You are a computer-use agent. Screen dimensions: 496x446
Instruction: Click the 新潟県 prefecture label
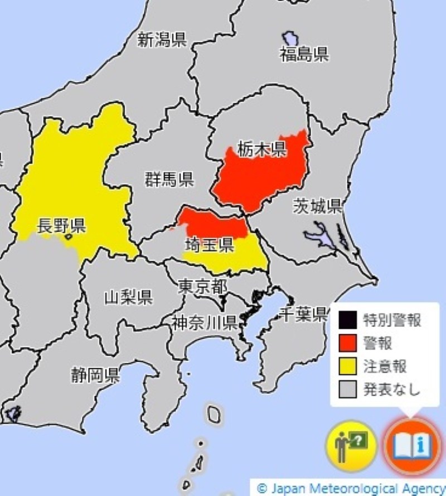tap(162, 40)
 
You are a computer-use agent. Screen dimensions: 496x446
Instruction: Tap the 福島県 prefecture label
tap(304, 55)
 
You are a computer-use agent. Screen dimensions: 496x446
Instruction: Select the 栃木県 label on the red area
tap(261, 149)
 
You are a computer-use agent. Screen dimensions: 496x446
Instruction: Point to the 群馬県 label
tap(169, 180)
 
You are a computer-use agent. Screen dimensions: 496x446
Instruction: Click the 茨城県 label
tap(318, 206)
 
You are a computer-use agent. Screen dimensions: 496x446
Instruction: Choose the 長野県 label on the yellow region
tap(61, 226)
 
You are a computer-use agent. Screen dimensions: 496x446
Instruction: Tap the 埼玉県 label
tap(209, 245)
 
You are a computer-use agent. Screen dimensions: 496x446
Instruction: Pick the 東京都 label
tap(202, 287)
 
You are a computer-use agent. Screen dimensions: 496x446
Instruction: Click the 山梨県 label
tap(129, 297)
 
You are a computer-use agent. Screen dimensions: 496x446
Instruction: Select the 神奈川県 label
tap(204, 323)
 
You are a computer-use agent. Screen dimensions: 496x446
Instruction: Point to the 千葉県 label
tap(303, 314)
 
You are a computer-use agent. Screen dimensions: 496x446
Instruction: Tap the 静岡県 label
tap(95, 375)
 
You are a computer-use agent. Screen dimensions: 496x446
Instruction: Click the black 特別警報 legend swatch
tap(347, 320)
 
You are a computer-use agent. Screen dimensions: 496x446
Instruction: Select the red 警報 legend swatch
tap(347, 343)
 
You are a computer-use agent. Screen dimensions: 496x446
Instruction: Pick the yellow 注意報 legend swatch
tap(347, 366)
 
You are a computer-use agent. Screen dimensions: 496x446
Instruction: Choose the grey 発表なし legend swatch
tap(347, 389)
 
